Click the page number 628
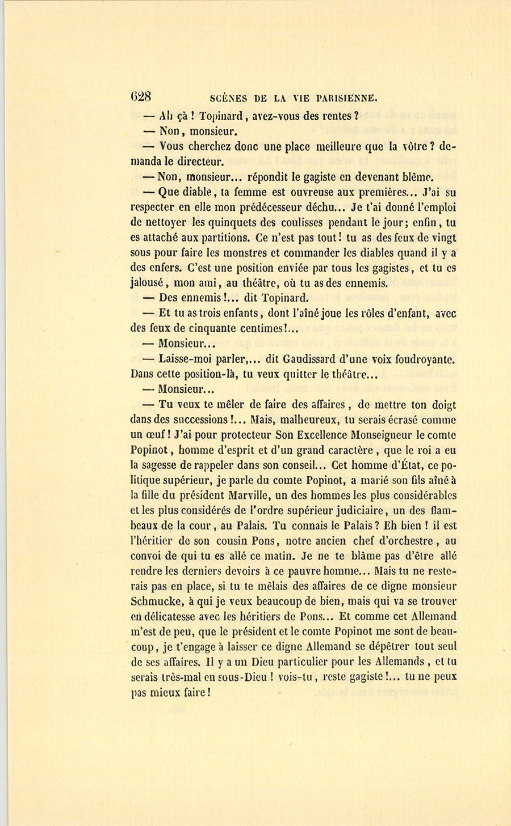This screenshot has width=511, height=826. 140,96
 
